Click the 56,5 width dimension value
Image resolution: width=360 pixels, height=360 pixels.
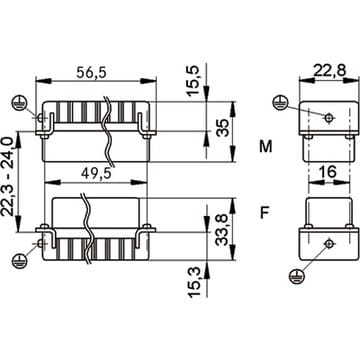click(x=91, y=72)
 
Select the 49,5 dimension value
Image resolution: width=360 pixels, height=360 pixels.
click(x=96, y=173)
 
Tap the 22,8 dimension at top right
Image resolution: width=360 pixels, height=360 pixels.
click(x=330, y=70)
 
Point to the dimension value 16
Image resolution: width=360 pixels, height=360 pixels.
click(x=327, y=172)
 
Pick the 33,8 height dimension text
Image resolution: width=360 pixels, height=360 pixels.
click(x=222, y=230)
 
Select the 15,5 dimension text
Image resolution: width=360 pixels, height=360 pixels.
click(x=194, y=81)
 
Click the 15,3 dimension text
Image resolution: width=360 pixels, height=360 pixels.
click(x=194, y=282)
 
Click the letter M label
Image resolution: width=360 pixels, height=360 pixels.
click(x=266, y=147)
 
